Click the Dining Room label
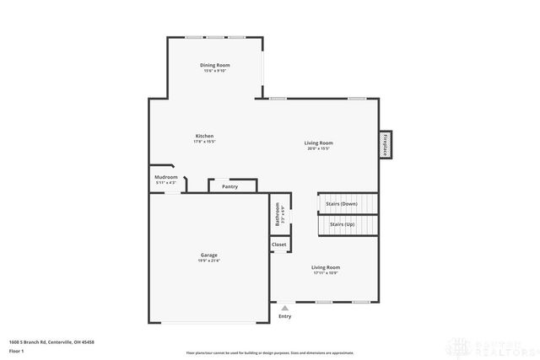(215, 65)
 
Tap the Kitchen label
(205, 136)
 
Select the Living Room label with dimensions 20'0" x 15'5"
(319, 142)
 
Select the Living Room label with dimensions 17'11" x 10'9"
(326, 267)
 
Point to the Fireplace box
(386, 144)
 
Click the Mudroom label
(166, 177)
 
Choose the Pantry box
(230, 186)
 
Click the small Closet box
(278, 244)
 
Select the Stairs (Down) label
(343, 204)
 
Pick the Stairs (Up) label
(342, 225)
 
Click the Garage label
(208, 255)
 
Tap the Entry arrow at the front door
(284, 308)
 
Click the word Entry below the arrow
(284, 316)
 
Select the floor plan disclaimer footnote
(269, 351)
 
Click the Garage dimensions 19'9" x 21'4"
(208, 261)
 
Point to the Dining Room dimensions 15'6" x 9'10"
(215, 71)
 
